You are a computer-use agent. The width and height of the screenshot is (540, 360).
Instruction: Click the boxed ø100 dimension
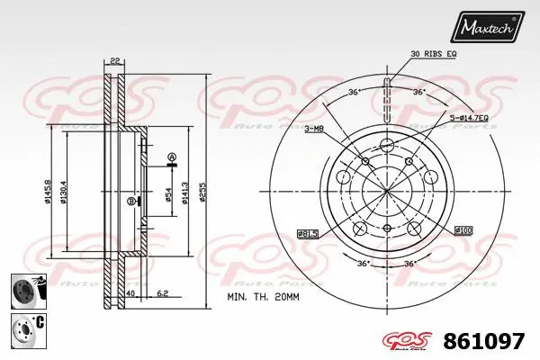tap(464, 230)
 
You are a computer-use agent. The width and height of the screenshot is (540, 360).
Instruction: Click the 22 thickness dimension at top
tap(114, 61)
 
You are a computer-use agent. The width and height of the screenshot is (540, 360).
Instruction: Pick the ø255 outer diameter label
tap(204, 192)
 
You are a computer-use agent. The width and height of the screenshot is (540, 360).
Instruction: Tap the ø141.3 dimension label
tap(186, 192)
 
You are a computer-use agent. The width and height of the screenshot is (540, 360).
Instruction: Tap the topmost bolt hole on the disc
tap(387, 146)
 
